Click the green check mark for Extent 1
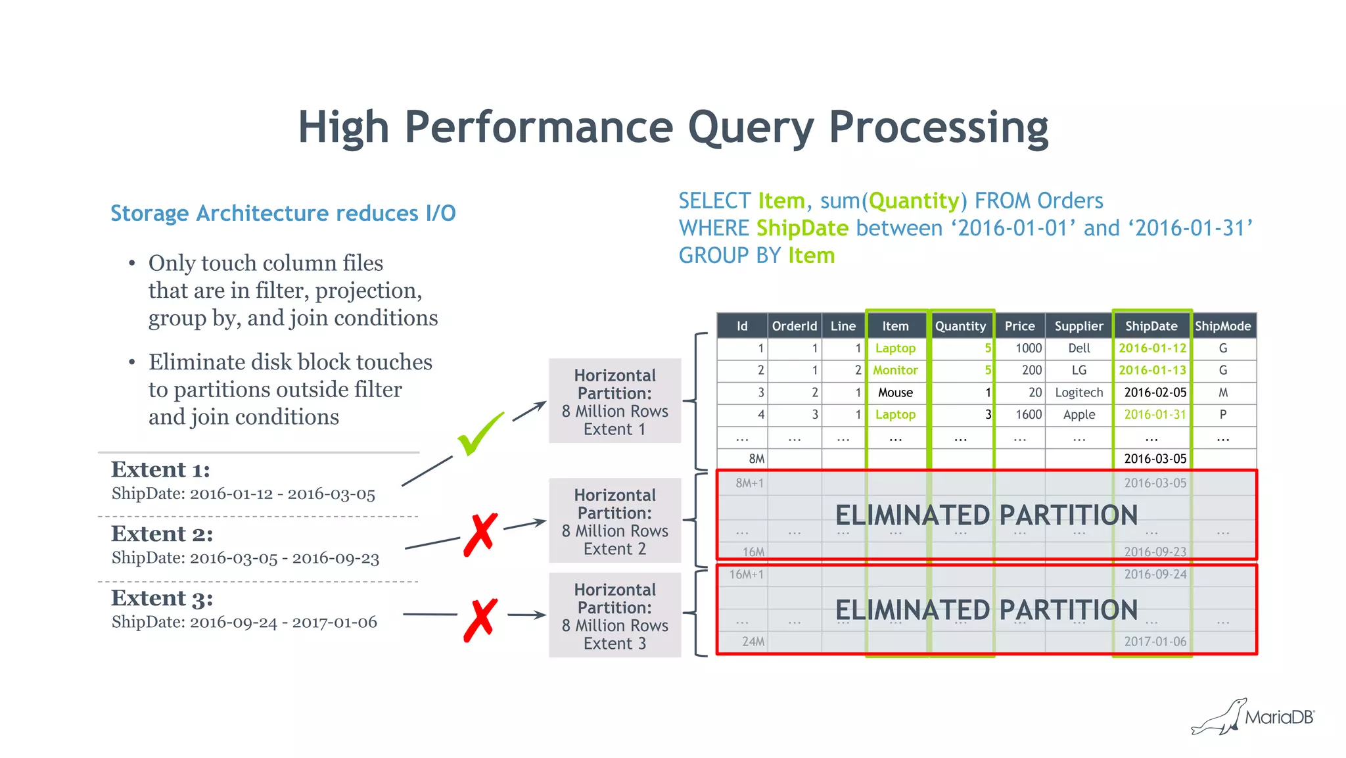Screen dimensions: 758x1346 480,435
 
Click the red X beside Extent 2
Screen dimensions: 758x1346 480,534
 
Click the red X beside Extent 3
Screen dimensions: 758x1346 480,619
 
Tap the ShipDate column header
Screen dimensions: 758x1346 1151,326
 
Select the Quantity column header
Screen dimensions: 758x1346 960,326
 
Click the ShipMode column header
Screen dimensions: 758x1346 1222,326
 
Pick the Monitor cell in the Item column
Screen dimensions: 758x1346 895,370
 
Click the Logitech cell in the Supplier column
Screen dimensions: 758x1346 1079,392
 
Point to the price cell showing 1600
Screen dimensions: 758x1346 1028,415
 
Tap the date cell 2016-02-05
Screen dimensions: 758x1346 1155,392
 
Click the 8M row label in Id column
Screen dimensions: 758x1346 756,459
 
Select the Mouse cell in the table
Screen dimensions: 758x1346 895,392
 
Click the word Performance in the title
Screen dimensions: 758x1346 539,127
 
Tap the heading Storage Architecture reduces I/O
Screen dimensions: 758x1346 283,214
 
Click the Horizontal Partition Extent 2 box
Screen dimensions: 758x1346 615,521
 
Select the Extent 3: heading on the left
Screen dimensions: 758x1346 162,598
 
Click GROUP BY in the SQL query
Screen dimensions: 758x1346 730,256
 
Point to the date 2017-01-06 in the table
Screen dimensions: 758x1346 1155,642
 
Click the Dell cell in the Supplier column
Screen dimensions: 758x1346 1079,348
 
